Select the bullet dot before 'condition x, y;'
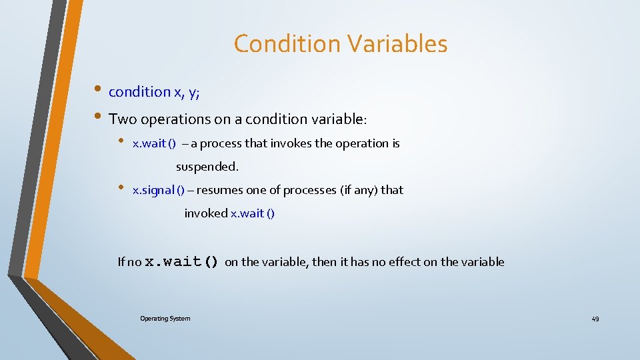98,89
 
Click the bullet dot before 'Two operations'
98,117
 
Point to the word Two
121,119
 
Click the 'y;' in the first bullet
194,93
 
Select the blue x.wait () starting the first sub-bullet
154,143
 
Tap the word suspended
207,166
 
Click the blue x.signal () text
159,190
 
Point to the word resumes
220,190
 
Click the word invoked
206,213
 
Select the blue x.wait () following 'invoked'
253,213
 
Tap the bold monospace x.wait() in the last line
182,262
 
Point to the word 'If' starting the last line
121,262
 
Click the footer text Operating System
165,319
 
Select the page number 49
595,319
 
